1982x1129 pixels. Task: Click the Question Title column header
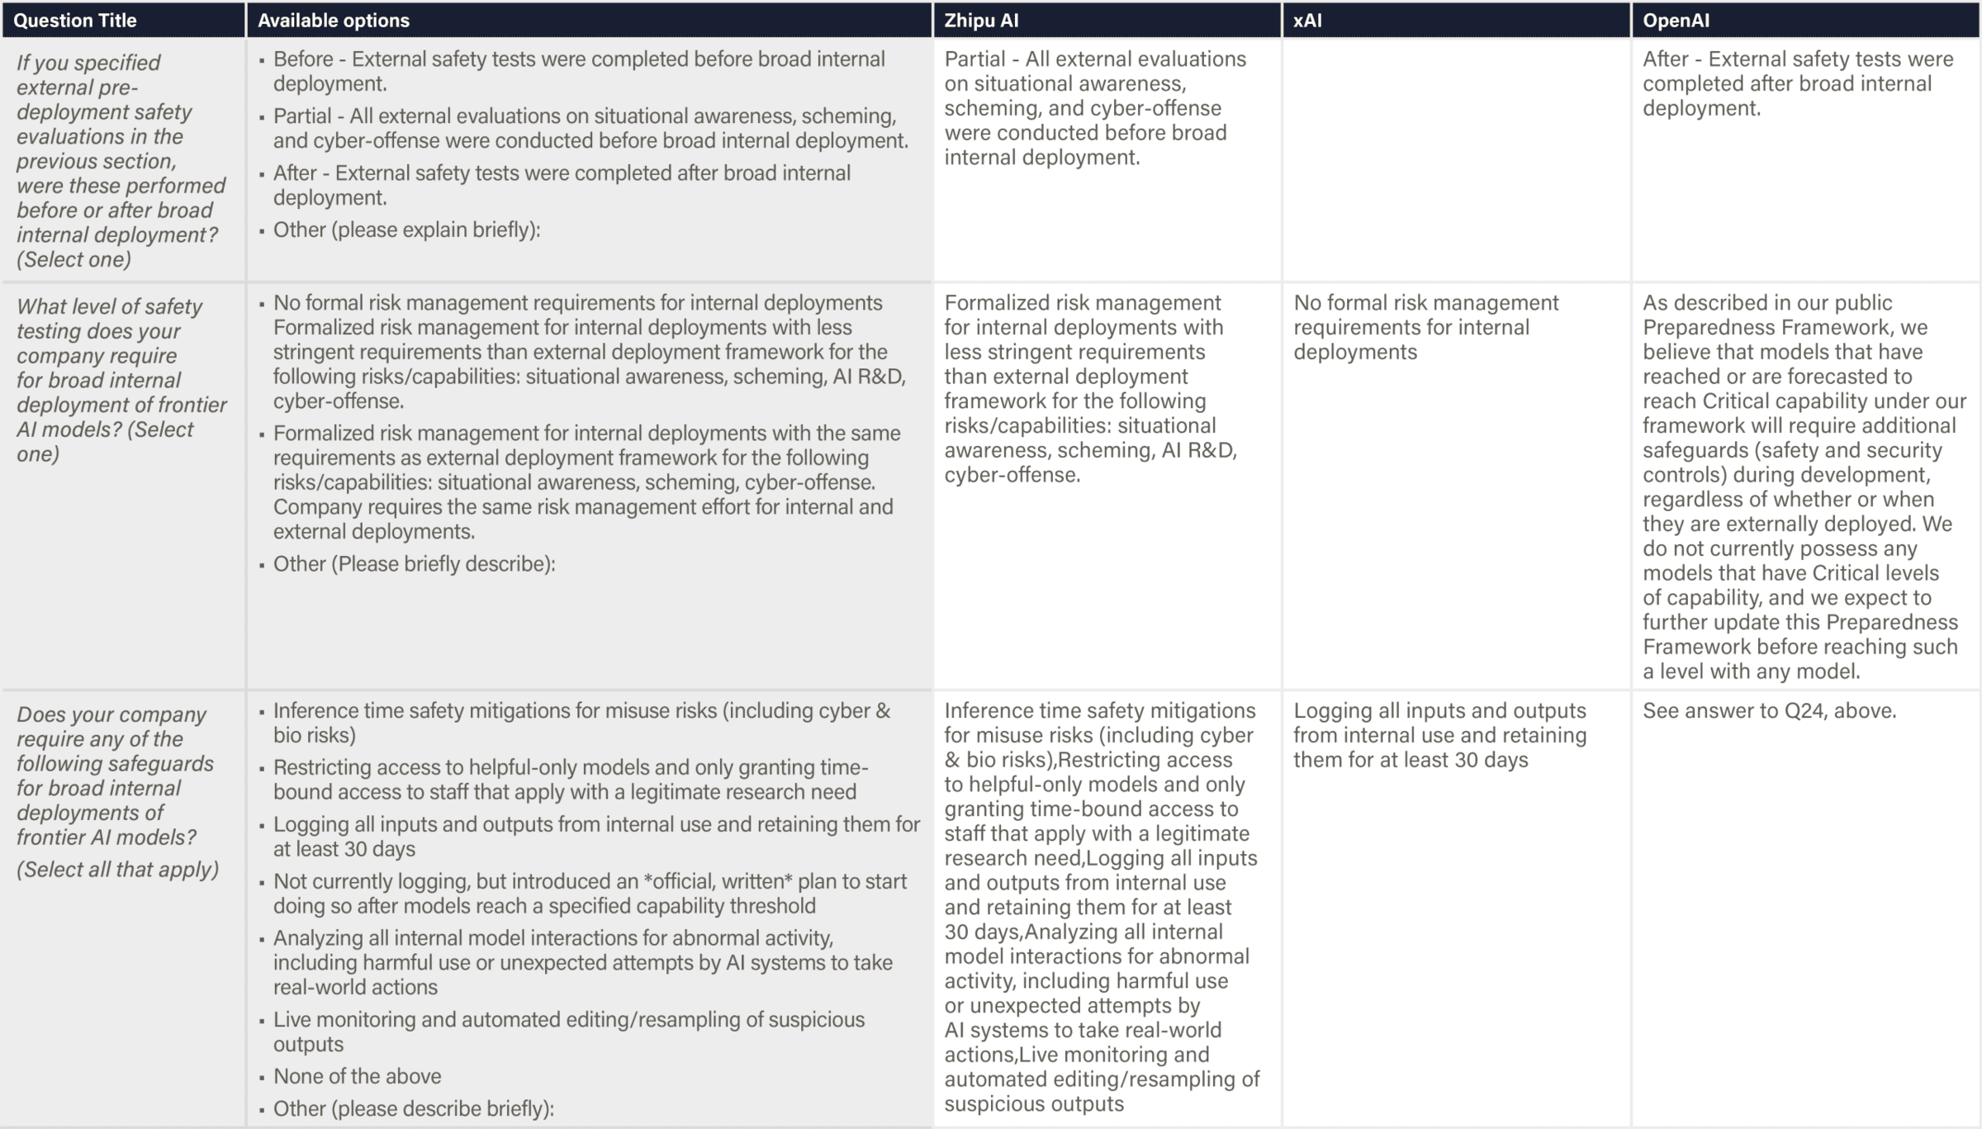click(x=75, y=21)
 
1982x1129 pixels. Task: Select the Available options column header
click(x=333, y=21)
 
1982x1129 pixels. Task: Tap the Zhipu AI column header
click(x=981, y=21)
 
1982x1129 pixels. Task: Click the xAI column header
click(x=1307, y=21)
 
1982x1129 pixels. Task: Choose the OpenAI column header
click(x=1676, y=21)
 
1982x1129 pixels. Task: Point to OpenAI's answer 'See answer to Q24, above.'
click(x=1769, y=711)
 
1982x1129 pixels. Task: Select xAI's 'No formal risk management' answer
click(x=1425, y=327)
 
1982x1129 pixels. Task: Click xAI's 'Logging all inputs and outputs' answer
click(x=1439, y=735)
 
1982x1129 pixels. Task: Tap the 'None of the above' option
click(x=357, y=1076)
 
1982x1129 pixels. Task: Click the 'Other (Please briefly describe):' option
click(x=414, y=564)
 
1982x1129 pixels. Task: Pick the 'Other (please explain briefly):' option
click(x=406, y=230)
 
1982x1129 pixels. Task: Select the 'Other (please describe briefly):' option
click(x=413, y=1108)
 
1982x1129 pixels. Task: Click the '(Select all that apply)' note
click(x=117, y=870)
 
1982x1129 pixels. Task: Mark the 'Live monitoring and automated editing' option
click(x=568, y=1032)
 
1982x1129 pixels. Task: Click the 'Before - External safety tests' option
click(x=578, y=71)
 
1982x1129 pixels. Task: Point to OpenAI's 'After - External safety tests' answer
click(x=1797, y=83)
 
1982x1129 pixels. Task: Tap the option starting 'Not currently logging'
click(x=589, y=894)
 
